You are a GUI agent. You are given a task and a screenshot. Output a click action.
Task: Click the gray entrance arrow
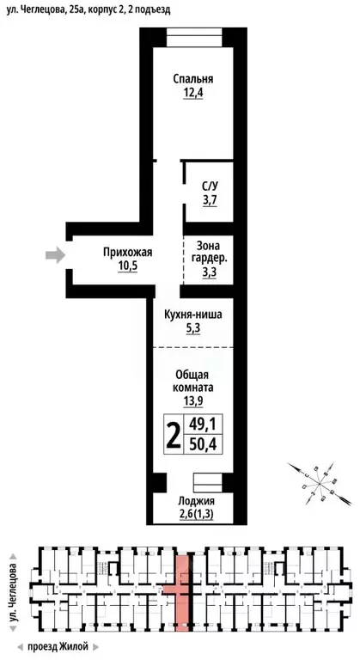pos(55,254)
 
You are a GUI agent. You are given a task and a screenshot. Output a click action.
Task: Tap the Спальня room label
pos(192,79)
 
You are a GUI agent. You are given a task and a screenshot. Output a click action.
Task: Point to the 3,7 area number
pos(210,200)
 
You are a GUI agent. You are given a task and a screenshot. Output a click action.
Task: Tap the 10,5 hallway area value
pos(127,266)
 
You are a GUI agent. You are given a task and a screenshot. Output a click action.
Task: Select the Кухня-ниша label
pos(192,315)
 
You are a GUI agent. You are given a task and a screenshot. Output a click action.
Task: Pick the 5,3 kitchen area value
pos(192,328)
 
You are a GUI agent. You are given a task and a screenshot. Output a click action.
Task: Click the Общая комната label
pos(192,381)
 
